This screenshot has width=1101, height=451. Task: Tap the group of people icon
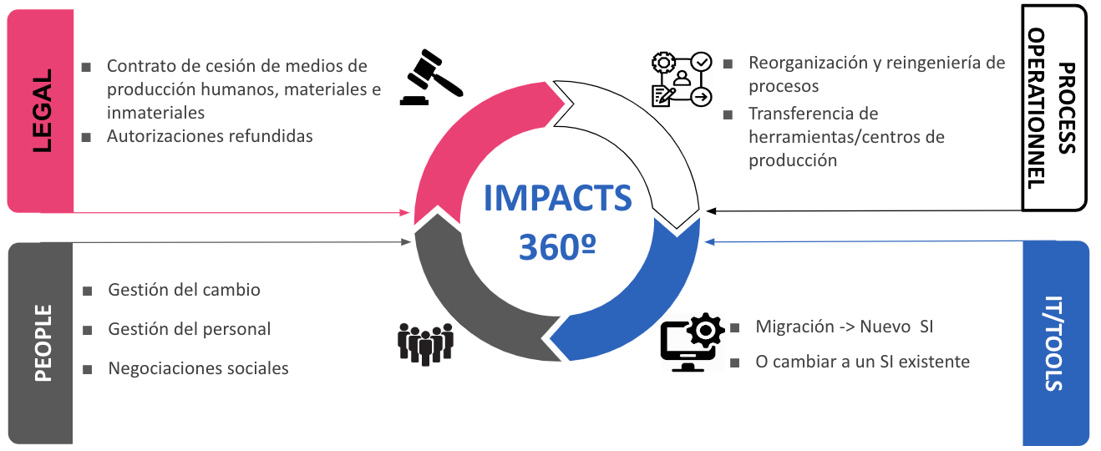[x=424, y=342]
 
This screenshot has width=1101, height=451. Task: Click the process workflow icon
[x=681, y=79]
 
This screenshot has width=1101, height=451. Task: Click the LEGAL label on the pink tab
[x=41, y=110]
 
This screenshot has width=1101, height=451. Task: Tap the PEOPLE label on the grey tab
[x=42, y=342]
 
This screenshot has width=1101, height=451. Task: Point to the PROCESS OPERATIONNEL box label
[x=1053, y=108]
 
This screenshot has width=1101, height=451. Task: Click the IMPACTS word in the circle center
[x=558, y=199]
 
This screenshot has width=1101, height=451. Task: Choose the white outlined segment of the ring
[x=643, y=134]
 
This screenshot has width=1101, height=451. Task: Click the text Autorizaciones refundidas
[x=210, y=135]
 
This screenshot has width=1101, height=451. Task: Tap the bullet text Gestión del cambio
[x=184, y=290]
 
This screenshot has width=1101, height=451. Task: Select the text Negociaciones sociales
[x=198, y=367]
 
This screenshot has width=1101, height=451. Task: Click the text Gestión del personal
[x=189, y=329]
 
